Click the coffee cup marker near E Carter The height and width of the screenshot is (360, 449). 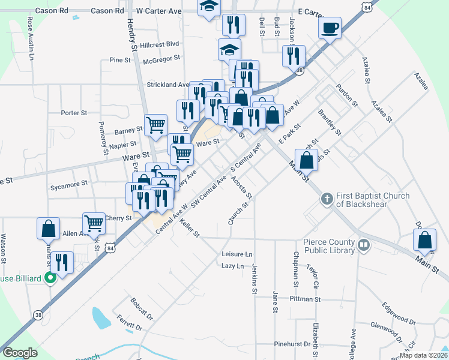(x=330, y=27)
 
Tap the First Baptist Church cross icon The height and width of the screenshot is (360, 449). (x=327, y=199)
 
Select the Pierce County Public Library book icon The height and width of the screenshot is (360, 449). (x=363, y=244)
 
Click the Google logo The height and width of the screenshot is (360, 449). (x=20, y=353)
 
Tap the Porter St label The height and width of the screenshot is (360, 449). (x=74, y=112)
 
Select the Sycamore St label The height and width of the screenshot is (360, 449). (x=69, y=182)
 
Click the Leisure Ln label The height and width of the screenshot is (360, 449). (x=237, y=254)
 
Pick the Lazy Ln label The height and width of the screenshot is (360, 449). (x=233, y=265)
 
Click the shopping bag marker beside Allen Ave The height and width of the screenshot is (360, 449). (x=48, y=228)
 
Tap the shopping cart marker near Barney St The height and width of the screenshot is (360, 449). (x=155, y=124)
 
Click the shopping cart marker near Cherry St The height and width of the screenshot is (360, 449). (x=94, y=223)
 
